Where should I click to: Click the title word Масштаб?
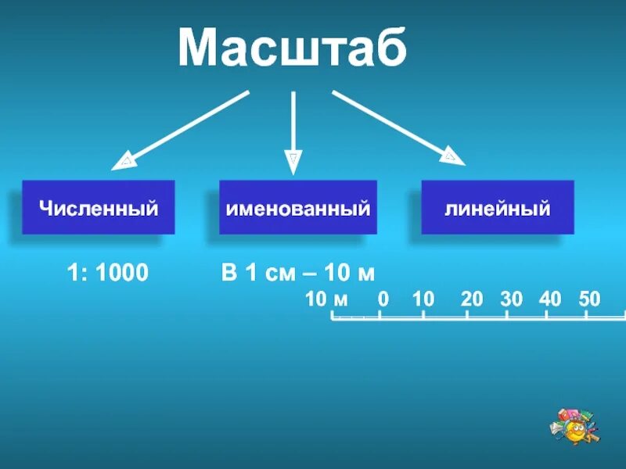point(292,48)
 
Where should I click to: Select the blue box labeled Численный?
point(99,208)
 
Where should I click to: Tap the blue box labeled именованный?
point(297,208)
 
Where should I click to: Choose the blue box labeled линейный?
point(498,208)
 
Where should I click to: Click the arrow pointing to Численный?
point(184,128)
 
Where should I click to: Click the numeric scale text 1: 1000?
point(107,274)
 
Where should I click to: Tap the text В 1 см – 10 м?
point(298,274)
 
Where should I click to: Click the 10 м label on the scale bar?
point(327,299)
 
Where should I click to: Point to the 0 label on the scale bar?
point(383,299)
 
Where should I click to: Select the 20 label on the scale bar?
point(472,299)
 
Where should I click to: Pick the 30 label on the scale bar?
point(511,299)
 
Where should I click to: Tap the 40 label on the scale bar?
point(550,299)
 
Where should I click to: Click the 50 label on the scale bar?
point(589,299)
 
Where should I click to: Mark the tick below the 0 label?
point(380,315)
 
